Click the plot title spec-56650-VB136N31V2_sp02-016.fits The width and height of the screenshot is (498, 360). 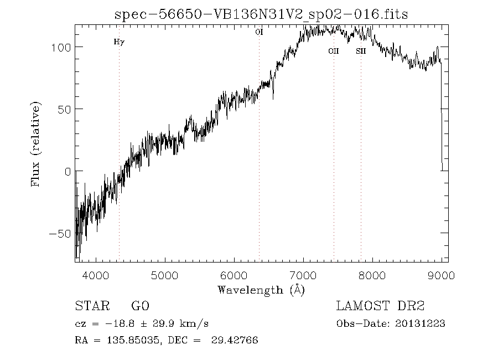(x=261, y=15)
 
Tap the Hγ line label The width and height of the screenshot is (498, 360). (x=119, y=42)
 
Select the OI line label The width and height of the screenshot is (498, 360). (x=259, y=32)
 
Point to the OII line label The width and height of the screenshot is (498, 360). (x=333, y=52)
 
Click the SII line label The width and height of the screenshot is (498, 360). (x=361, y=52)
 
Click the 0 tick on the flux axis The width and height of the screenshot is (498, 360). (x=67, y=171)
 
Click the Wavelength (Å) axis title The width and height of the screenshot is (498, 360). (x=261, y=290)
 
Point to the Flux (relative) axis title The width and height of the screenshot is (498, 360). (x=37, y=143)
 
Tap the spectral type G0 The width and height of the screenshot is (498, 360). (x=140, y=306)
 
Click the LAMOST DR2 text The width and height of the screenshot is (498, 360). (x=380, y=306)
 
